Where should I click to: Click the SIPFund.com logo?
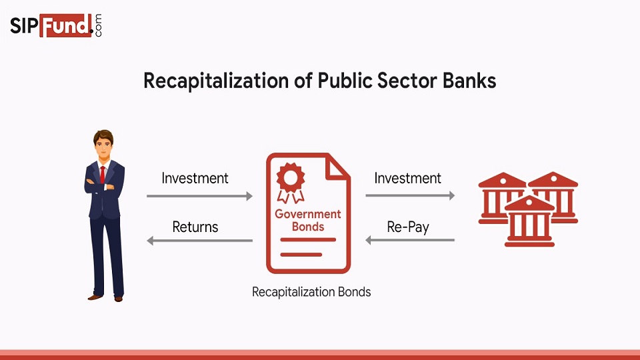point(57,26)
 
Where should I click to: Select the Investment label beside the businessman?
point(195,178)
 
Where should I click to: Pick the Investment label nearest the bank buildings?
point(407,178)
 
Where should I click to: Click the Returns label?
point(195,227)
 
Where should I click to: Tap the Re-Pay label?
point(408,227)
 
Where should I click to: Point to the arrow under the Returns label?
point(199,240)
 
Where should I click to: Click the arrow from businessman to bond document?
point(199,196)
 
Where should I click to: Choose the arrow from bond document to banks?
point(410,196)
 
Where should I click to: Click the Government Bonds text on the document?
point(308,220)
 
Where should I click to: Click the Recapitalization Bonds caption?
point(311,292)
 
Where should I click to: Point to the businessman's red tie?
point(103,174)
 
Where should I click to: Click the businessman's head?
point(103,143)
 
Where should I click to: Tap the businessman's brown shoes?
point(107,297)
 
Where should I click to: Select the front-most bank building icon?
point(529,221)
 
